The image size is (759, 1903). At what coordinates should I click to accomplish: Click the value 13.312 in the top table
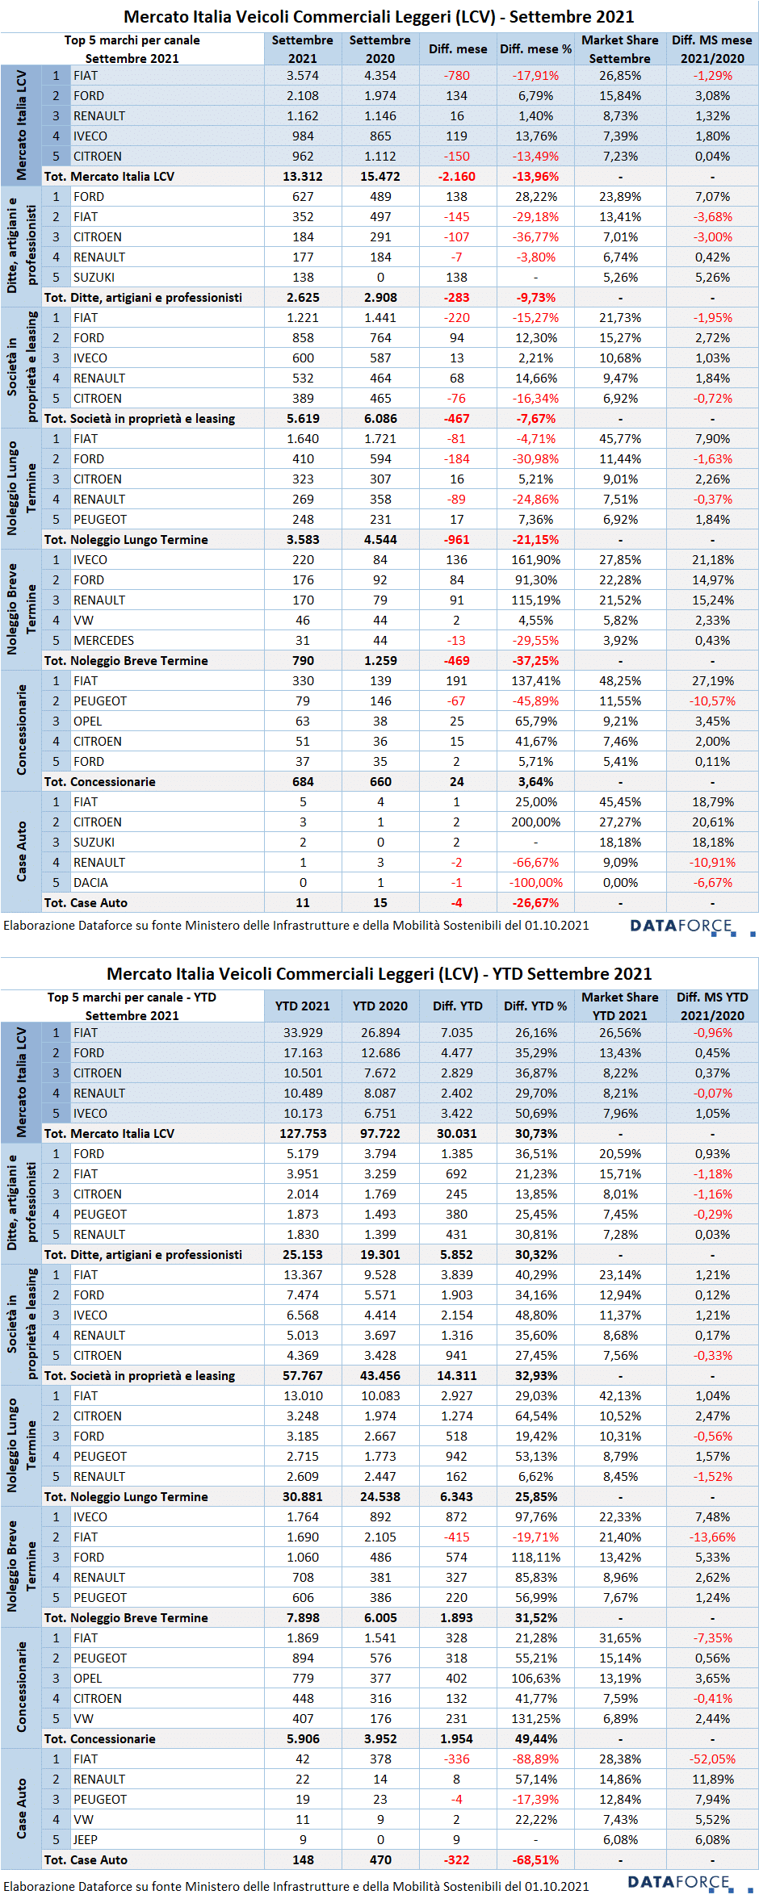pos(303,177)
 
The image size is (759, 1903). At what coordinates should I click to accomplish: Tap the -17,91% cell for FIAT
pos(535,76)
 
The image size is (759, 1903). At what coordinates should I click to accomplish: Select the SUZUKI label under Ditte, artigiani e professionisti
pos(94,278)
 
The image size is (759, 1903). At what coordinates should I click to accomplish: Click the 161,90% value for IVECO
pos(535,560)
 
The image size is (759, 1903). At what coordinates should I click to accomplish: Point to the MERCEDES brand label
pos(103,641)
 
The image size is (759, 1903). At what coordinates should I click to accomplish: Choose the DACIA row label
pos(90,883)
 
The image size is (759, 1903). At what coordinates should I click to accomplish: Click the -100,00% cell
pos(535,883)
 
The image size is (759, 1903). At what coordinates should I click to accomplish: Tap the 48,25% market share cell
pos(620,681)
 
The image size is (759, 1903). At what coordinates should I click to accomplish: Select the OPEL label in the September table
pos(87,721)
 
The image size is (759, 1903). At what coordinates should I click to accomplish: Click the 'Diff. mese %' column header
pos(535,49)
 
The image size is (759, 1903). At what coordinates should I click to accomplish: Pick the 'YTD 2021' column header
pos(303,1006)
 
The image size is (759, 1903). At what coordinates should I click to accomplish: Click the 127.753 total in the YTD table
pos(303,1134)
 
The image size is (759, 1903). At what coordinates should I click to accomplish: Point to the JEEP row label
pos(85,1840)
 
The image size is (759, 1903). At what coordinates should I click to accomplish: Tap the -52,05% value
pos(712,1759)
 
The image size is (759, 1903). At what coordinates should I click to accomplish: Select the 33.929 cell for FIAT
pos(303,1033)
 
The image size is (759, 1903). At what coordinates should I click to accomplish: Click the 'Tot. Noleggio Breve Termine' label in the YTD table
pos(126,1618)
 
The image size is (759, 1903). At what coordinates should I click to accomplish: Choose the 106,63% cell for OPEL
pos(535,1679)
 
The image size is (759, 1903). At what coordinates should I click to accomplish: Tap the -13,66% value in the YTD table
pos(712,1537)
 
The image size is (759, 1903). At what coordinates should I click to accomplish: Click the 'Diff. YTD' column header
pos(458,1006)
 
